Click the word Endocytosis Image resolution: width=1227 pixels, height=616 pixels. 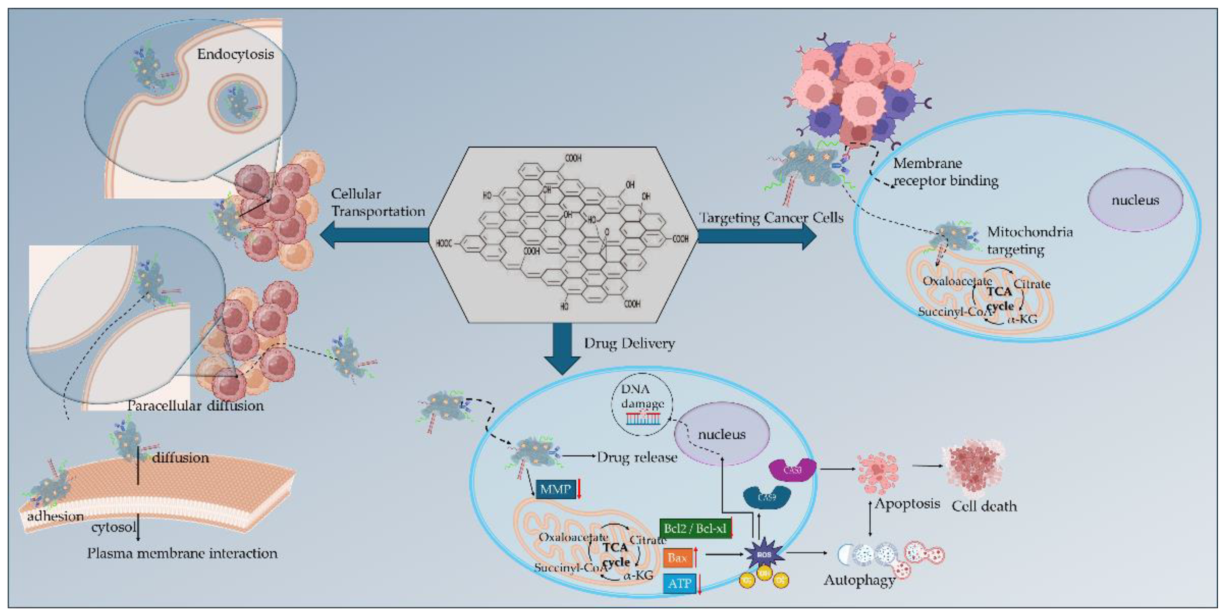(235, 54)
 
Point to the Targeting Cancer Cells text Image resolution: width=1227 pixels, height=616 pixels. (771, 218)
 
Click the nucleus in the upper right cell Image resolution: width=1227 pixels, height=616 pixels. (1135, 200)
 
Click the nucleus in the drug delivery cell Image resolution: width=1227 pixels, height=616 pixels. (722, 434)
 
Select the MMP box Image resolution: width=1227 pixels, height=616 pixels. (555, 489)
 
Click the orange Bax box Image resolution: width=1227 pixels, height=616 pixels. (677, 557)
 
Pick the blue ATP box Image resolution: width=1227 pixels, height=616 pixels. (678, 584)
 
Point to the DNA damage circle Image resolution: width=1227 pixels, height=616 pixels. (642, 404)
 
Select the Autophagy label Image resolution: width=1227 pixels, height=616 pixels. (859, 580)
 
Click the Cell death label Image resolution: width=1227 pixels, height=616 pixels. (984, 506)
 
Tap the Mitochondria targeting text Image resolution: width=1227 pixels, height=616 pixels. (1029, 241)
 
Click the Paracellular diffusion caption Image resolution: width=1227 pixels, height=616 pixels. (195, 406)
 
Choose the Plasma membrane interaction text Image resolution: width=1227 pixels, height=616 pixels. (182, 554)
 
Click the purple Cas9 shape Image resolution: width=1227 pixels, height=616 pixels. (792, 470)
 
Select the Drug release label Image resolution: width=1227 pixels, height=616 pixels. (636, 457)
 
